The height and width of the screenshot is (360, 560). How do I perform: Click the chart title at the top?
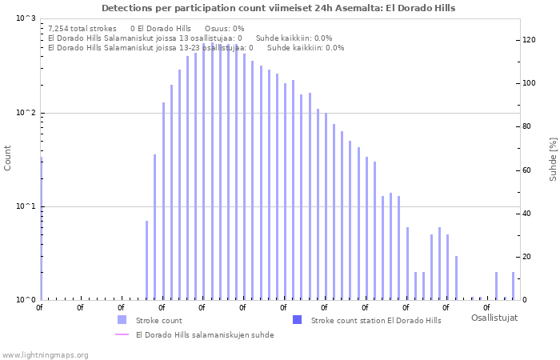(278, 8)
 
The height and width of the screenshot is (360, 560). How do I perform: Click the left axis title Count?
(8, 158)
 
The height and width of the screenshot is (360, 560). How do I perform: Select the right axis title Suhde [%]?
(552, 158)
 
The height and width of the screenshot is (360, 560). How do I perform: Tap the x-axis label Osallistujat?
(494, 318)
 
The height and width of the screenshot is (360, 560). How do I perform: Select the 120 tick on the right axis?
(529, 39)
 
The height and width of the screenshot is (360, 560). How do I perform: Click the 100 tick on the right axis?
(529, 83)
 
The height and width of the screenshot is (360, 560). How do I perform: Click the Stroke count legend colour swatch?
(121, 320)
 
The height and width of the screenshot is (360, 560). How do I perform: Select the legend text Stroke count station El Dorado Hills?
(375, 321)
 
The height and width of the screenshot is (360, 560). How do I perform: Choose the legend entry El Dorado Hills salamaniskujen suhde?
(205, 335)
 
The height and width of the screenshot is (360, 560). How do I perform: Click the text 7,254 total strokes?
(82, 28)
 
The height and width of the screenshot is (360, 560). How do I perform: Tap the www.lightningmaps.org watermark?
(46, 355)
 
